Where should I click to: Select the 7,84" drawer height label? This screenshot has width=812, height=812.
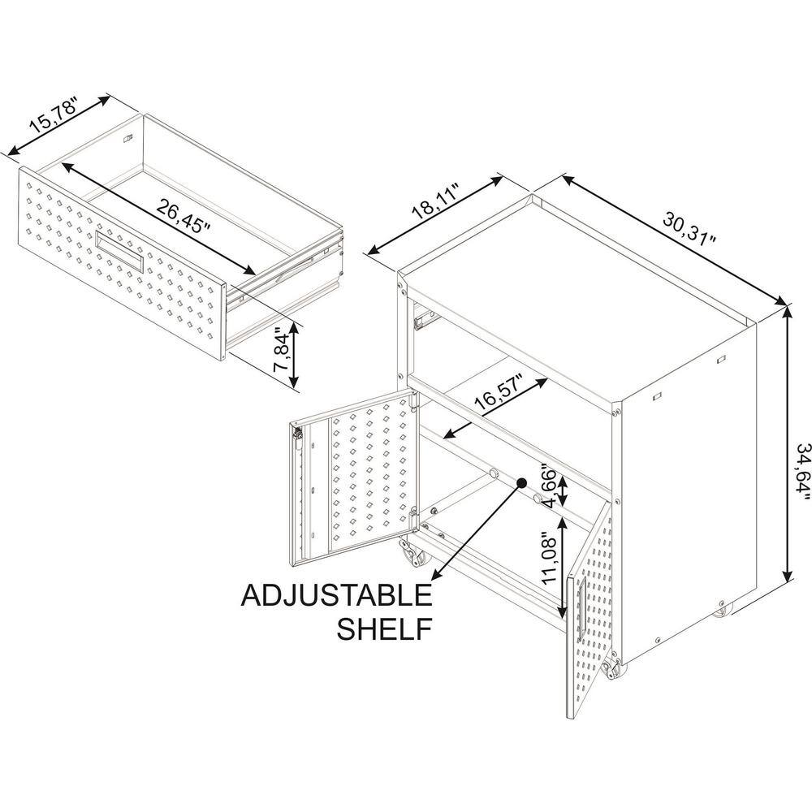(x=283, y=350)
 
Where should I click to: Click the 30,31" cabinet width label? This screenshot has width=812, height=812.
(x=689, y=228)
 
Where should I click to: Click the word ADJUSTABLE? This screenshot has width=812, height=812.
(x=336, y=595)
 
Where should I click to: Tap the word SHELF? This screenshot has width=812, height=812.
(x=384, y=628)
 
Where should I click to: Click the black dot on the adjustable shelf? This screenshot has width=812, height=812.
(x=521, y=482)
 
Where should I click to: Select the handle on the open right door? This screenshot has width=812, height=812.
(x=582, y=605)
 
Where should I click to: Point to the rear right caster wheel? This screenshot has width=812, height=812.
(x=720, y=610)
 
